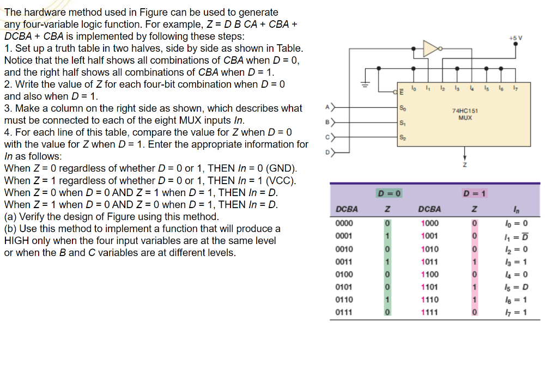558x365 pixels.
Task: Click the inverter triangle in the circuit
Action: (x=430, y=48)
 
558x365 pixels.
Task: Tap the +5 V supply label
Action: (x=515, y=38)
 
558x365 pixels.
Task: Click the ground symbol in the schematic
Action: (x=366, y=85)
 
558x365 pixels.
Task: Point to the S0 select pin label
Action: (x=403, y=107)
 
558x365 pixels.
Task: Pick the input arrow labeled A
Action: (x=328, y=107)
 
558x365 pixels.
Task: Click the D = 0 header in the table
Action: (x=389, y=194)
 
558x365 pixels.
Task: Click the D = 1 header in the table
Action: (x=475, y=194)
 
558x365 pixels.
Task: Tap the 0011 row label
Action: (x=344, y=262)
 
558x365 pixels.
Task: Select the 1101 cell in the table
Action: (x=429, y=287)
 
